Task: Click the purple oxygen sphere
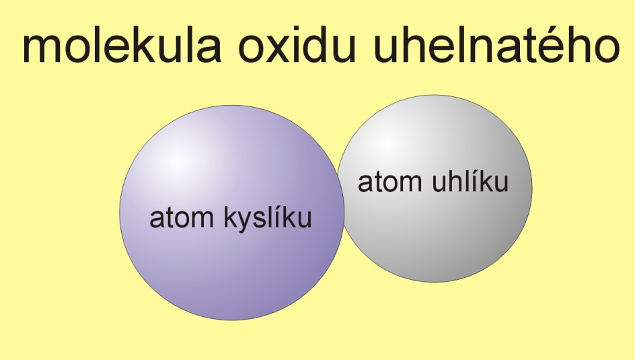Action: coord(231,213)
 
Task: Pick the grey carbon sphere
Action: coord(435,188)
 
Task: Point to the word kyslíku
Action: coord(268,218)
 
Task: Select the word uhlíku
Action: coord(470,182)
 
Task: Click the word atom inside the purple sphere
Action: coord(182,219)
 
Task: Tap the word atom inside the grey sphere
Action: coord(390,182)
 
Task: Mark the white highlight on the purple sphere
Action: coord(178,161)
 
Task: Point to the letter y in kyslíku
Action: coord(246,222)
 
